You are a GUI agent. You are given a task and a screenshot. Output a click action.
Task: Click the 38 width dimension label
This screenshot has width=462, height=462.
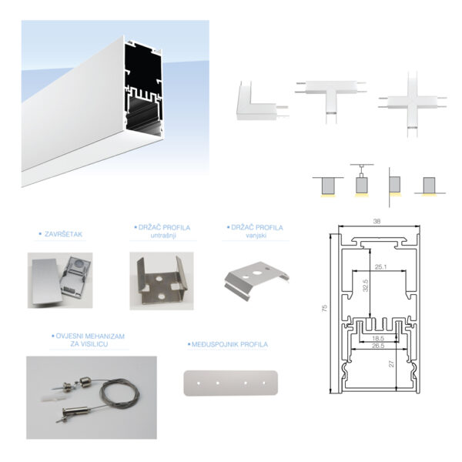pyautogui.click(x=377, y=221)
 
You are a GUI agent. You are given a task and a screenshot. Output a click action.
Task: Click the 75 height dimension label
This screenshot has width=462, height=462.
pyautogui.click(x=324, y=308)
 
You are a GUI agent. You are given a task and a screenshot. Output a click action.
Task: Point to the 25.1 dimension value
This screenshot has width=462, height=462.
pyautogui.click(x=380, y=267)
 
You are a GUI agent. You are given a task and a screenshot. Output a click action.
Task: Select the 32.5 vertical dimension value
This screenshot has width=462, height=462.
pyautogui.click(x=365, y=286)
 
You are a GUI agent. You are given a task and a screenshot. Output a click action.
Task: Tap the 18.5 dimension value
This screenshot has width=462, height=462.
pyautogui.click(x=378, y=339)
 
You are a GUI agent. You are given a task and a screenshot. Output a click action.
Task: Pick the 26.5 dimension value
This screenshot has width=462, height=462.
pyautogui.click(x=378, y=346)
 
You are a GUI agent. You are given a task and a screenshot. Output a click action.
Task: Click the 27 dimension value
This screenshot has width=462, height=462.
pyautogui.click(x=391, y=364)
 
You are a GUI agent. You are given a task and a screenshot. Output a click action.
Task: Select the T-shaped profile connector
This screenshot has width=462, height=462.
pyautogui.click(x=330, y=97)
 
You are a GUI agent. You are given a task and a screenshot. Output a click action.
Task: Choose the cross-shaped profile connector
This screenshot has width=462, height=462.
pyautogui.click(x=412, y=104)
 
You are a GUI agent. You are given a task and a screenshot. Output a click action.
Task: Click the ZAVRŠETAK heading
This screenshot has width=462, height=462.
pyautogui.click(x=63, y=234)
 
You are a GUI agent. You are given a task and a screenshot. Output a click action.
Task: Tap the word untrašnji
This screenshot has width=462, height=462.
pyautogui.click(x=163, y=236)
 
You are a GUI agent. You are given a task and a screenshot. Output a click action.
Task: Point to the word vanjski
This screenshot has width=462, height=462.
pyautogui.click(x=256, y=235)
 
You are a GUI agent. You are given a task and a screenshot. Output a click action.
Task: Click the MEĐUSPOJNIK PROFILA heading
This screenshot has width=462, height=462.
pyautogui.click(x=229, y=344)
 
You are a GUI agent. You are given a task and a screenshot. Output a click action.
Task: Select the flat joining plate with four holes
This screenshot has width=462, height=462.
pyautogui.click(x=231, y=383)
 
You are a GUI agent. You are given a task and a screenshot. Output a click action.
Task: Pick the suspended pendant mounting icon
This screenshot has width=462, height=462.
pyautogui.click(x=362, y=179)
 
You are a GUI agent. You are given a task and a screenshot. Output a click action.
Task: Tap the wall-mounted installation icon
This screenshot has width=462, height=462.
pyautogui.click(x=394, y=186)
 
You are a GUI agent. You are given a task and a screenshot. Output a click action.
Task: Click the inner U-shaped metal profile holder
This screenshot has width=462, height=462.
pyautogui.click(x=162, y=280)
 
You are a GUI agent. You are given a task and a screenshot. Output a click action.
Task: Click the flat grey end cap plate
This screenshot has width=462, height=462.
pyautogui.click(x=45, y=280)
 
